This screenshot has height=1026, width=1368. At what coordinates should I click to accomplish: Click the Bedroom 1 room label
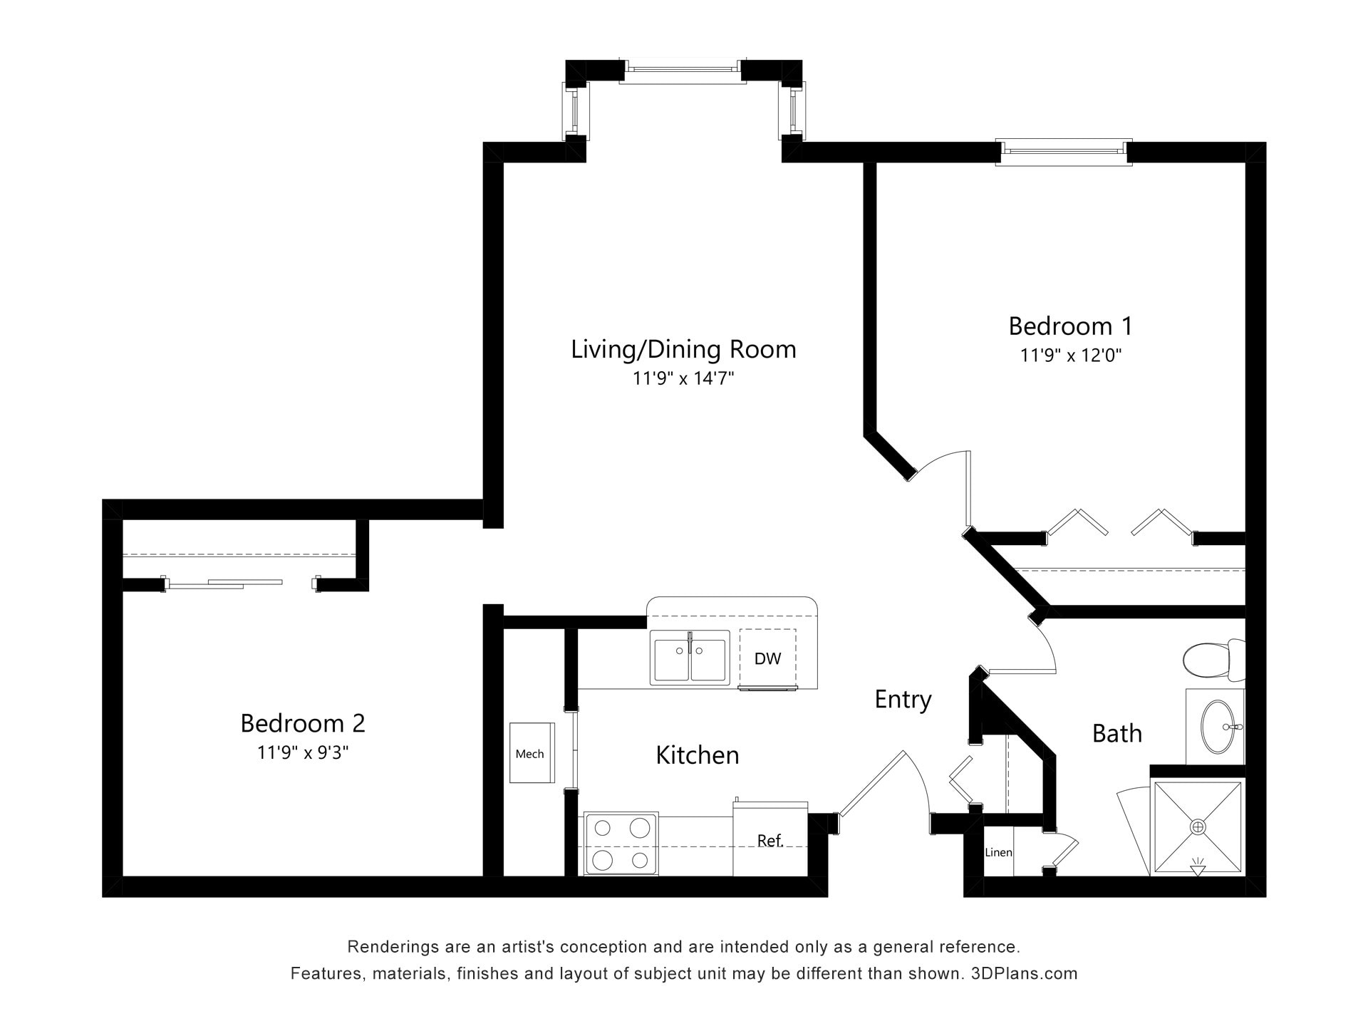click(1070, 326)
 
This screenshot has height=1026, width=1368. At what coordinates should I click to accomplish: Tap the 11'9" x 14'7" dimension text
click(683, 378)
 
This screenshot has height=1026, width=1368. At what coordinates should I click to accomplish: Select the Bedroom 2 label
click(303, 723)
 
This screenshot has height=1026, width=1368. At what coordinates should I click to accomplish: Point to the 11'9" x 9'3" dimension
click(303, 752)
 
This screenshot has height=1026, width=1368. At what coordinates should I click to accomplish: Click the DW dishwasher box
click(767, 658)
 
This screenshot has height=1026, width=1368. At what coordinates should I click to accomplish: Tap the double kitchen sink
click(690, 657)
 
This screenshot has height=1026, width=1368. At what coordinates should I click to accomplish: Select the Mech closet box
click(532, 753)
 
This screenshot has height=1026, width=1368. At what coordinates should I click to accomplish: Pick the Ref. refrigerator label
click(770, 841)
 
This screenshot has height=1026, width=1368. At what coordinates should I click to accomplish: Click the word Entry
click(903, 700)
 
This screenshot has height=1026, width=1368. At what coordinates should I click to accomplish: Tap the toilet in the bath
click(1211, 660)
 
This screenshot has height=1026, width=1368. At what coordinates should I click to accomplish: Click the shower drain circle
click(1198, 826)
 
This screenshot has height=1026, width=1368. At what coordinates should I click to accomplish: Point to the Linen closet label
click(998, 852)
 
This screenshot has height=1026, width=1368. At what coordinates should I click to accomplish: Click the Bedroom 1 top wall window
click(1063, 152)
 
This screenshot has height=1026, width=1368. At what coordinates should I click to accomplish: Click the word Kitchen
click(697, 755)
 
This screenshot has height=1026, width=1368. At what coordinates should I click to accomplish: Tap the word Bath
click(1116, 733)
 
